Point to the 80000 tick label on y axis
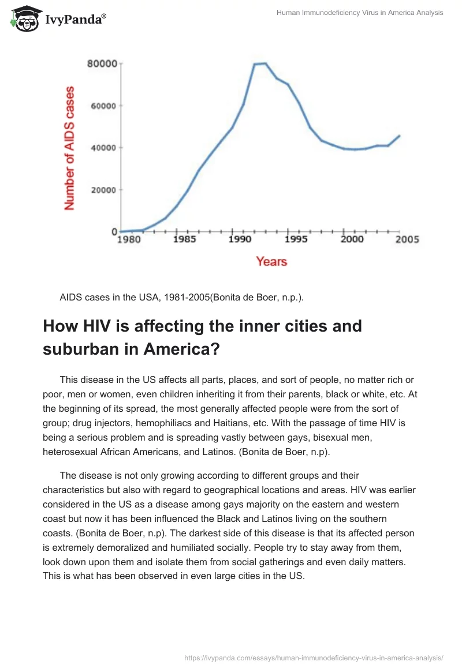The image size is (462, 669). tap(102, 63)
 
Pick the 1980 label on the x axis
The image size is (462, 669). tap(129, 240)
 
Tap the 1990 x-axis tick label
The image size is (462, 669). tap(240, 239)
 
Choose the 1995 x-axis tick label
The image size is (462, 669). tap(295, 239)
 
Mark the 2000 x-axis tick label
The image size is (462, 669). tap(351, 239)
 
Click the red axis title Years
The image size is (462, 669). tap(271, 261)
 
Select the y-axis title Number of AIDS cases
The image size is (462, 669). tap(70, 148)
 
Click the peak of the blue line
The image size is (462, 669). tap(264, 63)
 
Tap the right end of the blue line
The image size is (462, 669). tap(399, 136)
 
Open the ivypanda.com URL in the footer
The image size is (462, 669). tap(314, 657)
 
